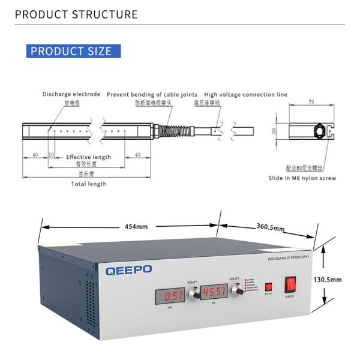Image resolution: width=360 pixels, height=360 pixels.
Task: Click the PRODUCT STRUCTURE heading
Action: [x=76, y=14]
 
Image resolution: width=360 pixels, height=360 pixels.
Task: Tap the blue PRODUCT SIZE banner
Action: [x=71, y=51]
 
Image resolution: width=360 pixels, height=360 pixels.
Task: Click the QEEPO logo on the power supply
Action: [x=129, y=271]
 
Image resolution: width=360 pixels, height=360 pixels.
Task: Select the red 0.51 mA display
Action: [x=174, y=295]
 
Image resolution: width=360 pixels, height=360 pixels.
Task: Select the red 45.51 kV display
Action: [x=214, y=292]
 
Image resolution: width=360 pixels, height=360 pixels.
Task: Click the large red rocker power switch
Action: [x=291, y=284]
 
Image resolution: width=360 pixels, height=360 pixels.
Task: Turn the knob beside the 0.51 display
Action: [x=194, y=294]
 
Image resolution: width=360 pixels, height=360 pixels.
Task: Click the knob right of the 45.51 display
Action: [x=235, y=290]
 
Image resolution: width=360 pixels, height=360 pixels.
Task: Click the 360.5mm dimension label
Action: [x=270, y=228]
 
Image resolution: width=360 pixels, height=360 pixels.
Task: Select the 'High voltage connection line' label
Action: [x=245, y=94]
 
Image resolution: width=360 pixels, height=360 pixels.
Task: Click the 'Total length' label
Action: [x=89, y=184]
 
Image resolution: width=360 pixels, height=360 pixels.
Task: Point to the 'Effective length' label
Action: [x=88, y=157]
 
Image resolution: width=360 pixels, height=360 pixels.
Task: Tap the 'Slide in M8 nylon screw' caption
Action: [x=302, y=178]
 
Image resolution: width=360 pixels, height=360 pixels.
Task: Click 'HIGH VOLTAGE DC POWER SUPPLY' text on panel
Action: [x=289, y=258]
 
